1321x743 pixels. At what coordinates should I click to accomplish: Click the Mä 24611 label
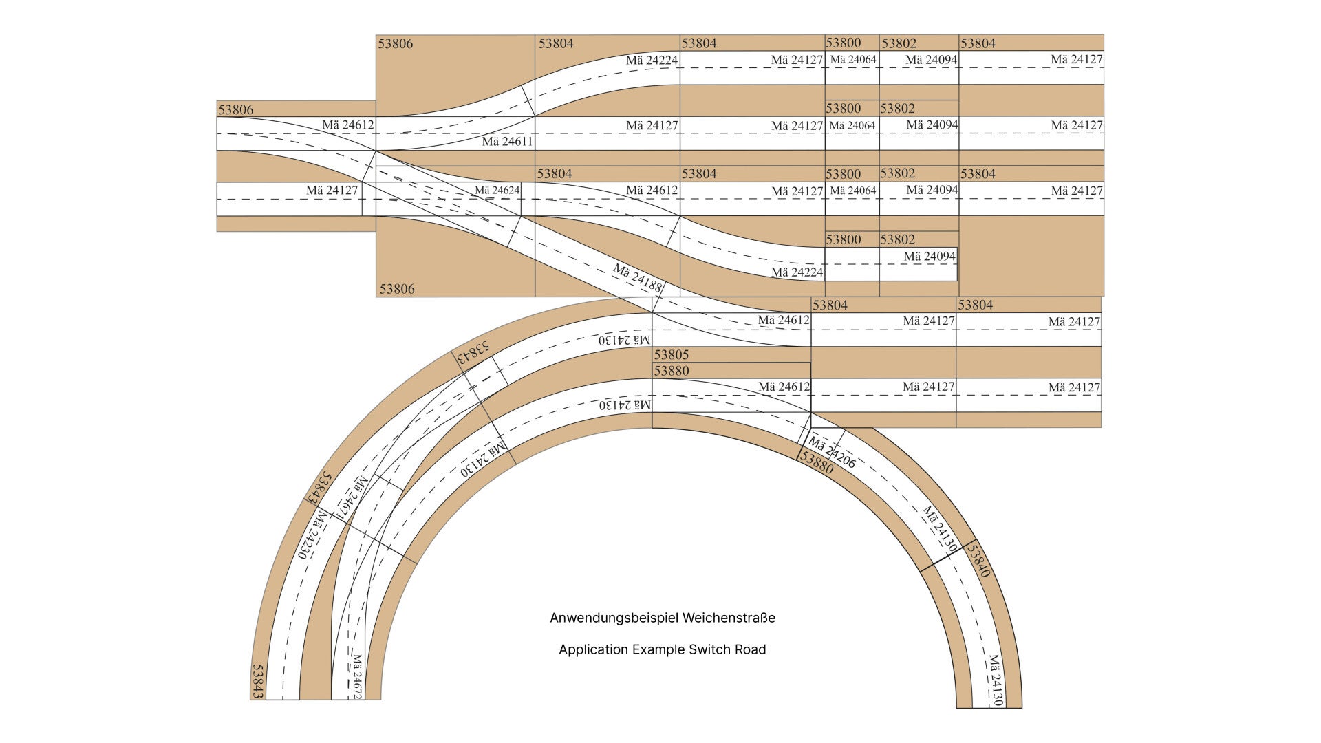tap(507, 142)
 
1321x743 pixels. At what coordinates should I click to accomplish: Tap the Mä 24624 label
tap(497, 191)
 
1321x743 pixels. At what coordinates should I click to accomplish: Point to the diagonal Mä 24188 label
tap(638, 278)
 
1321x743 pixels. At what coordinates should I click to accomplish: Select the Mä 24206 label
tap(833, 452)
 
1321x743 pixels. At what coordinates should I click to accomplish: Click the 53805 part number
tap(671, 355)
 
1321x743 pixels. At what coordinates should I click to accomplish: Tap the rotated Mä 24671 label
tap(353, 497)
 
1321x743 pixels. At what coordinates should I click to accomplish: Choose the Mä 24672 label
tap(357, 676)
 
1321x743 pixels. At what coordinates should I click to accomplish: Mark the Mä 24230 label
tap(310, 536)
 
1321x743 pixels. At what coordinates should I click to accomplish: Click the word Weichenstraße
tap(729, 618)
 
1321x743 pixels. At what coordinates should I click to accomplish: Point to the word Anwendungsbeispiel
tap(614, 618)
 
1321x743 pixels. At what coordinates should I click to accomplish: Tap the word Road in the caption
tap(749, 649)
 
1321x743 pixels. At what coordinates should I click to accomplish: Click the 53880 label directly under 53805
tap(671, 371)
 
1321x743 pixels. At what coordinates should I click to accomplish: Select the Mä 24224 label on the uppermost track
tap(652, 61)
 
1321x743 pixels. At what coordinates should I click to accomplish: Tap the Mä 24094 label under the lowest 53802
tap(930, 257)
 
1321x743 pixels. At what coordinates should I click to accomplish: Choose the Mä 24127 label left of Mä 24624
tap(332, 190)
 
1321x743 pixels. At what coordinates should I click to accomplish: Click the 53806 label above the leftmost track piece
tap(235, 109)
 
